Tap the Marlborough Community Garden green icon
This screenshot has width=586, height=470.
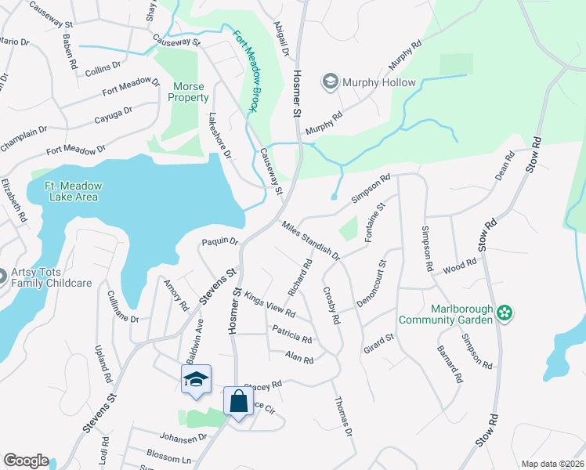tap(505, 313)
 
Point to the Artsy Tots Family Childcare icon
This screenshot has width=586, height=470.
tap(2, 276)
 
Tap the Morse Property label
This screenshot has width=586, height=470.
tap(188, 92)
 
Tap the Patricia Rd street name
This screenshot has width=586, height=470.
tap(291, 334)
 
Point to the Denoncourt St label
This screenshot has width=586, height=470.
tap(368, 281)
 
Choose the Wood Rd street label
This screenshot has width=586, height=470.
tap(460, 266)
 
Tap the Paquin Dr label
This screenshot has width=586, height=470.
tap(219, 241)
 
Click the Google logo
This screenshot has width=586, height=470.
tap(26, 461)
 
